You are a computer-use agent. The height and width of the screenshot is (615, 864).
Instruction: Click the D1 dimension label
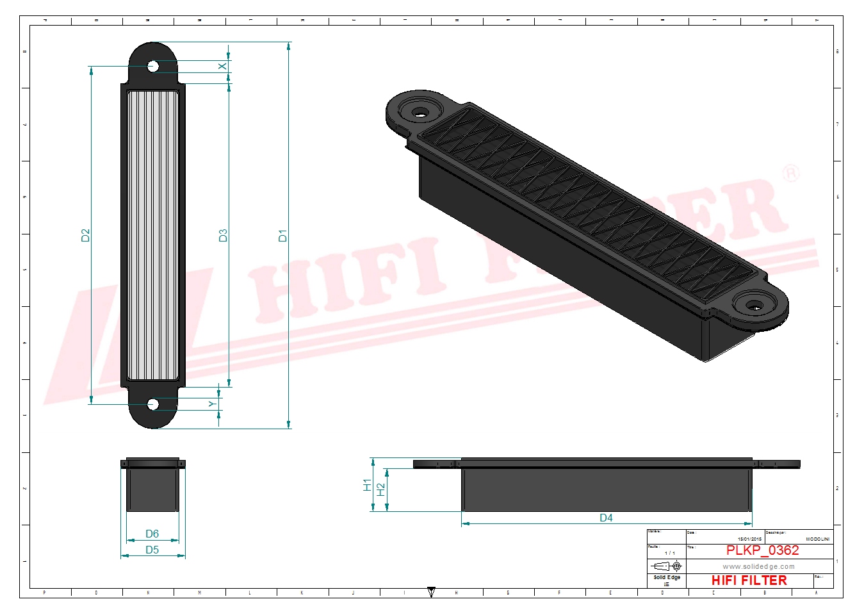click(282, 235)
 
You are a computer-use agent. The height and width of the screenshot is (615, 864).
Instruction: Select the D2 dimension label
click(86, 235)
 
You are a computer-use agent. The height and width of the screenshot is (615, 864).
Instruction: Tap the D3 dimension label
click(223, 235)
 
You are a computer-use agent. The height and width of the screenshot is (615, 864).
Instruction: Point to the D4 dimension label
click(606, 518)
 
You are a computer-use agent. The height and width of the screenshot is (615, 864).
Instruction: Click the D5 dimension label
click(152, 550)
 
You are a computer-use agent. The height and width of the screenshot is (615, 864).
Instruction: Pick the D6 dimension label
click(152, 534)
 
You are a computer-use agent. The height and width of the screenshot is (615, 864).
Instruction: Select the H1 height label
click(367, 485)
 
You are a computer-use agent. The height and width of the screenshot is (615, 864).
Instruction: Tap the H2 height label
click(381, 489)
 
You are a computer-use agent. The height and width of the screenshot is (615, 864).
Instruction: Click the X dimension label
click(222, 67)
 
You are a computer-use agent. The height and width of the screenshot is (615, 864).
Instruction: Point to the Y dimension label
click(212, 404)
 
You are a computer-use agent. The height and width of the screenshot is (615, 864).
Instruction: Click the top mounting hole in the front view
click(153, 66)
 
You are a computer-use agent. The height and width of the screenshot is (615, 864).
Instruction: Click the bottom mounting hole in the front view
click(153, 404)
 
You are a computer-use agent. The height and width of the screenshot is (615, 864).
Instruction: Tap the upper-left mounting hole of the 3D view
click(420, 113)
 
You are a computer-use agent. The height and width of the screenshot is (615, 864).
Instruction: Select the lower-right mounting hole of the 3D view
click(755, 307)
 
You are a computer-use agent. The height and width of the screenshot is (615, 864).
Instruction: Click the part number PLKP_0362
click(762, 550)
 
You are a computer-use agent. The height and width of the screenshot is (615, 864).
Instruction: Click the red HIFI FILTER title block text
click(749, 580)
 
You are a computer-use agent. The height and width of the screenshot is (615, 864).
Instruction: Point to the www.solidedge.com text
click(758, 566)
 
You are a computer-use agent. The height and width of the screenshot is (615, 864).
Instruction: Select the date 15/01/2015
click(749, 539)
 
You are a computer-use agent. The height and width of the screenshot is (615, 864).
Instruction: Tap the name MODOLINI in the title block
click(817, 539)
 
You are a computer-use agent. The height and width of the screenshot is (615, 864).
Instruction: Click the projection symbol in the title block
click(666, 566)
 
